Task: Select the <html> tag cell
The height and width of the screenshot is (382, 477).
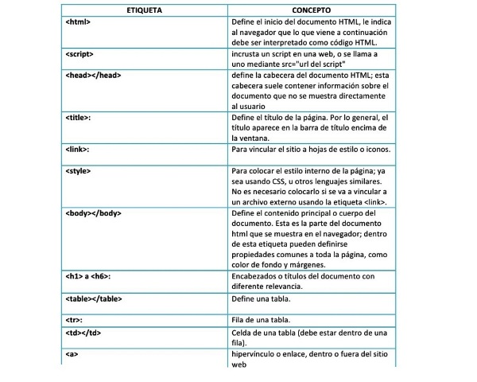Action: [x=79, y=21]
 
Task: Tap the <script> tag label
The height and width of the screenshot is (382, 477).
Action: [x=80, y=54]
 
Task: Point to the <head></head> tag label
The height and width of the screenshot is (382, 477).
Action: [x=92, y=75]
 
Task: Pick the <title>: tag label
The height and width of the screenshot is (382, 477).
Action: [x=79, y=117]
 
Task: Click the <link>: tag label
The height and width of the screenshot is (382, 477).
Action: [x=78, y=149]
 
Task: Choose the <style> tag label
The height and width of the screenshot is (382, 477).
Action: [x=79, y=171]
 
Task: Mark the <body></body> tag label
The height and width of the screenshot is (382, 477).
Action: [x=93, y=213]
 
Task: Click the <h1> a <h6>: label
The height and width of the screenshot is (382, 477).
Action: [x=88, y=276]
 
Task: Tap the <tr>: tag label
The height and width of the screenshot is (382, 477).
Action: [x=74, y=319]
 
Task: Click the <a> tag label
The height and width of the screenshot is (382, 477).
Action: [x=72, y=353]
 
